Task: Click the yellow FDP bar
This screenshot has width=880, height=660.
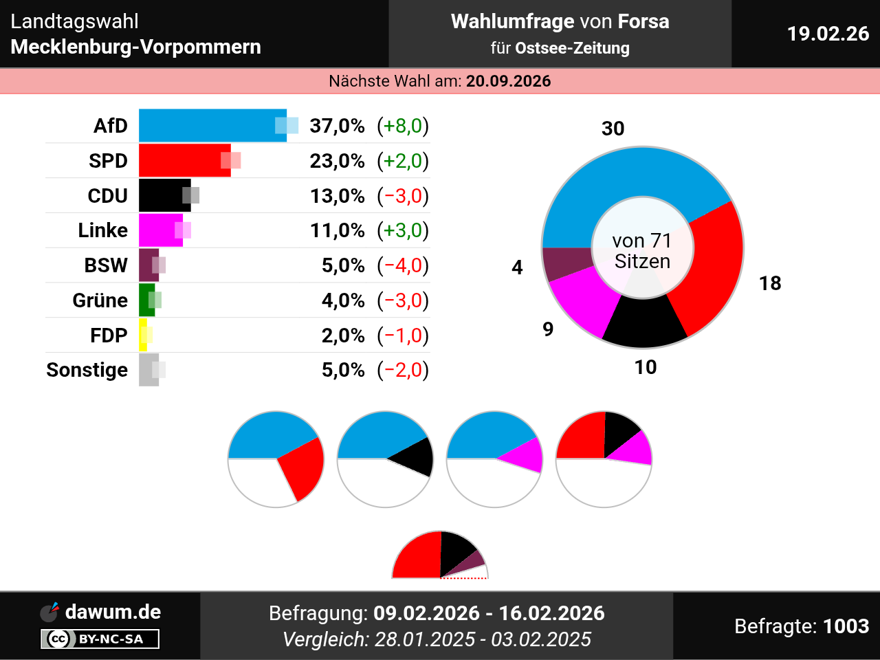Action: click(143, 335)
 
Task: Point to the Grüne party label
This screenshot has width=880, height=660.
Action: click(100, 300)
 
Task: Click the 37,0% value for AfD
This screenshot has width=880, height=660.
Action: click(337, 126)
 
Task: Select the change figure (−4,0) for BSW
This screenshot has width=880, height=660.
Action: click(403, 265)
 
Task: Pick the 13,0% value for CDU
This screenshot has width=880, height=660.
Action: click(337, 196)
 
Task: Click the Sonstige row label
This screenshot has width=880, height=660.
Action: click(87, 370)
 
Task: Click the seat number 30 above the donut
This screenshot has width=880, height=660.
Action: click(613, 129)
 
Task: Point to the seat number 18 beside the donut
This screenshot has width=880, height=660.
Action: click(770, 283)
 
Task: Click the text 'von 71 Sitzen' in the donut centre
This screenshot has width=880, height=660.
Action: click(642, 251)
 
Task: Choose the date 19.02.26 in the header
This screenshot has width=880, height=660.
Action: click(828, 34)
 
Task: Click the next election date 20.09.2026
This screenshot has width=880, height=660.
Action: click(508, 81)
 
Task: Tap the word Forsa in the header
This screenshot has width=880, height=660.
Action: click(643, 21)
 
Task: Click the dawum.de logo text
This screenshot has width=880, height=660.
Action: click(113, 612)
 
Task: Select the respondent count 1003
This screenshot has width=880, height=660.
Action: click(846, 626)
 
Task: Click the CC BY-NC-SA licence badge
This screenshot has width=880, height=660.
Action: click(100, 639)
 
